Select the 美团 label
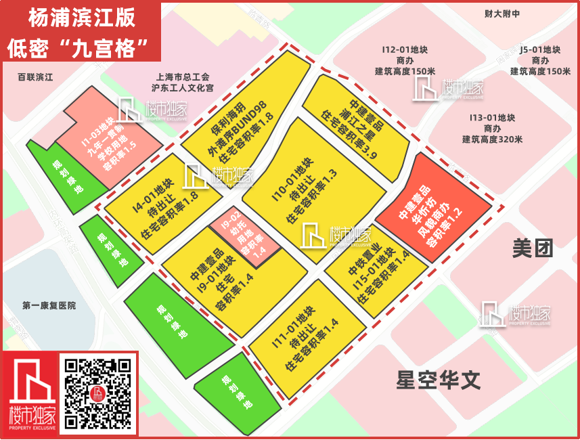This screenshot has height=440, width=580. coord(533,248)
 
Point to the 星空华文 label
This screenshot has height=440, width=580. coord(439,380)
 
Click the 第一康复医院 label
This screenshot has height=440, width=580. coord(49,306)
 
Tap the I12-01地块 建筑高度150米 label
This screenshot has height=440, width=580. coord(405,60)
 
